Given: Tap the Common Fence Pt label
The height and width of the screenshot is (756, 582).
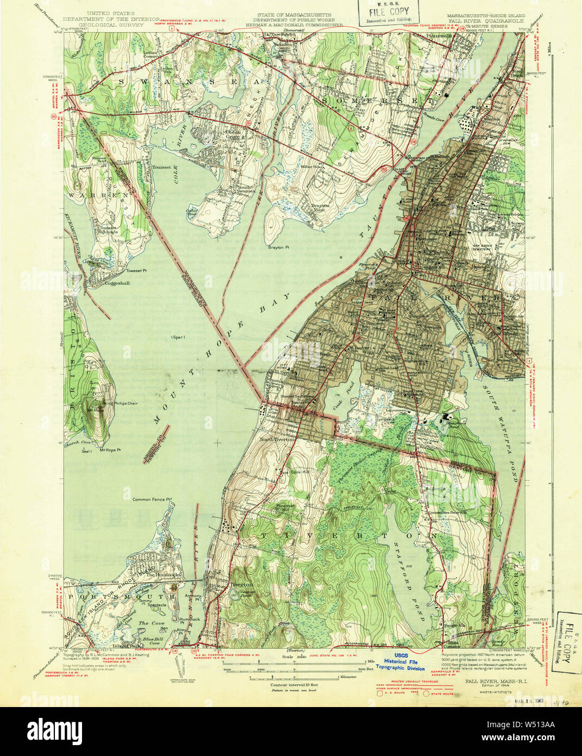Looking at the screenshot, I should (x=152, y=498).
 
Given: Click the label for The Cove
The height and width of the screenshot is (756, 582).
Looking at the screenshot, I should (x=151, y=623).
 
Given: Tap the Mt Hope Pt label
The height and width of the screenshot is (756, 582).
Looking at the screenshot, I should (x=109, y=450).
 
